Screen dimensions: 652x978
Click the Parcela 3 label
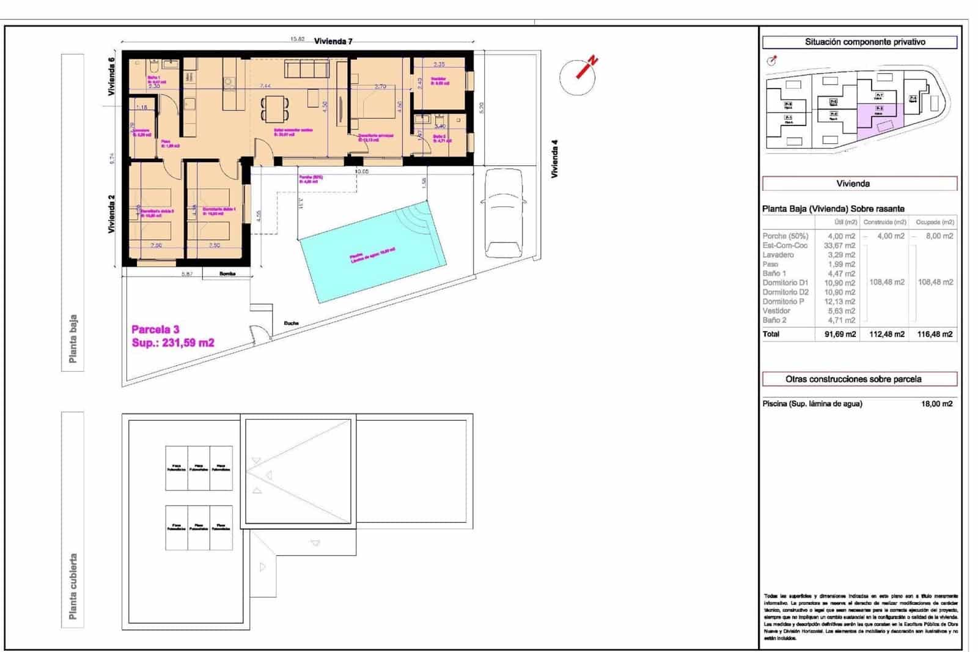[x=155, y=330]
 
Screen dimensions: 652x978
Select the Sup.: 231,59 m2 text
[x=173, y=343]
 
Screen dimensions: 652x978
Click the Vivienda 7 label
[x=333, y=42]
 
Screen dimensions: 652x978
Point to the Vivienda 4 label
[x=555, y=159]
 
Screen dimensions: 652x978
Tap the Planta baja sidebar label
[x=73, y=339]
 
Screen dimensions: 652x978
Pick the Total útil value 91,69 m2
[x=839, y=335]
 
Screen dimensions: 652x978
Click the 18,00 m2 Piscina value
[x=936, y=404]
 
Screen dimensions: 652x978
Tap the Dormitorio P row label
[x=783, y=302]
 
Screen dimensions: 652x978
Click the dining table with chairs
[x=275, y=109]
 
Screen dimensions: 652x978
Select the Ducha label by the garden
[x=291, y=323]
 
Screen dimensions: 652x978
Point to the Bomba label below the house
[x=227, y=274]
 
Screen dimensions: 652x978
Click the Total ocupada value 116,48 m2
[x=935, y=335]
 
